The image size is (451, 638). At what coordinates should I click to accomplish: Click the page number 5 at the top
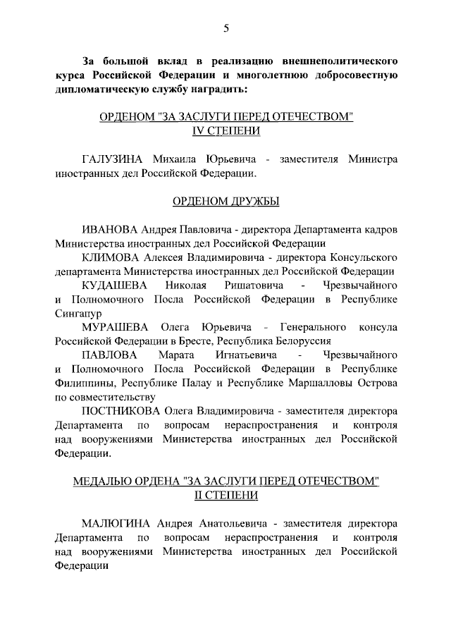click(225, 28)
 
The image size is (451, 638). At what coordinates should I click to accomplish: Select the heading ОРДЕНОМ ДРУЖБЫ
click(225, 202)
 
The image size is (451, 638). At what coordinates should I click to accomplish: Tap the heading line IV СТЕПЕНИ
click(225, 131)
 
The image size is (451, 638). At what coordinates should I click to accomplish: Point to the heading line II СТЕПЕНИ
click(225, 496)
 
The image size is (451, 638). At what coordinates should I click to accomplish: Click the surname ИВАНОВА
click(110, 231)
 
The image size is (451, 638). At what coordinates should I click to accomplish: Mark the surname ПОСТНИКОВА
click(121, 410)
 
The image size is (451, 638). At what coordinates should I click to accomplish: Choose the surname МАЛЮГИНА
click(117, 523)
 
